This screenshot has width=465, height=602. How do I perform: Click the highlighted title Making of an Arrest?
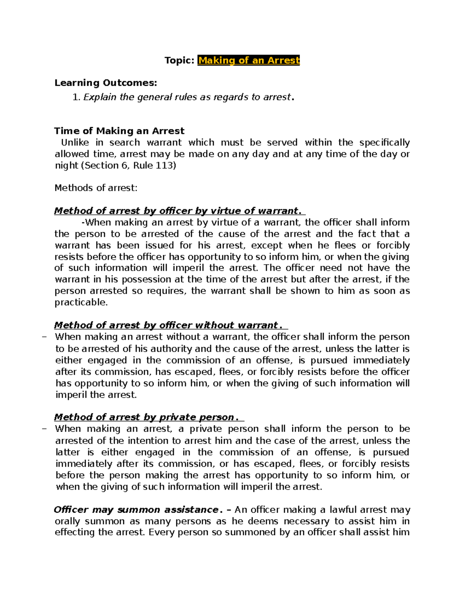pos(248,60)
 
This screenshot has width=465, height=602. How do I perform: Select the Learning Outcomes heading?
pos(106,83)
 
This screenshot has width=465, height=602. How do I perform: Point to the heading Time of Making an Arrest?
pos(119,131)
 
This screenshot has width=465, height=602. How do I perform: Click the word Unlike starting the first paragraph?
pos(75,143)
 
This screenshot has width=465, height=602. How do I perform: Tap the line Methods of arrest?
pos(96,188)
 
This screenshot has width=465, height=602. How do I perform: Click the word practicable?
pos(81,302)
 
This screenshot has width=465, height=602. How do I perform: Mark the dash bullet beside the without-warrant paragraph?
pos(44,337)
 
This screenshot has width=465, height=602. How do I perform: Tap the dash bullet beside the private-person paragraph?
pos(44,429)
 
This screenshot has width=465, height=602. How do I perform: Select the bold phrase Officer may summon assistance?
pos(136,510)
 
